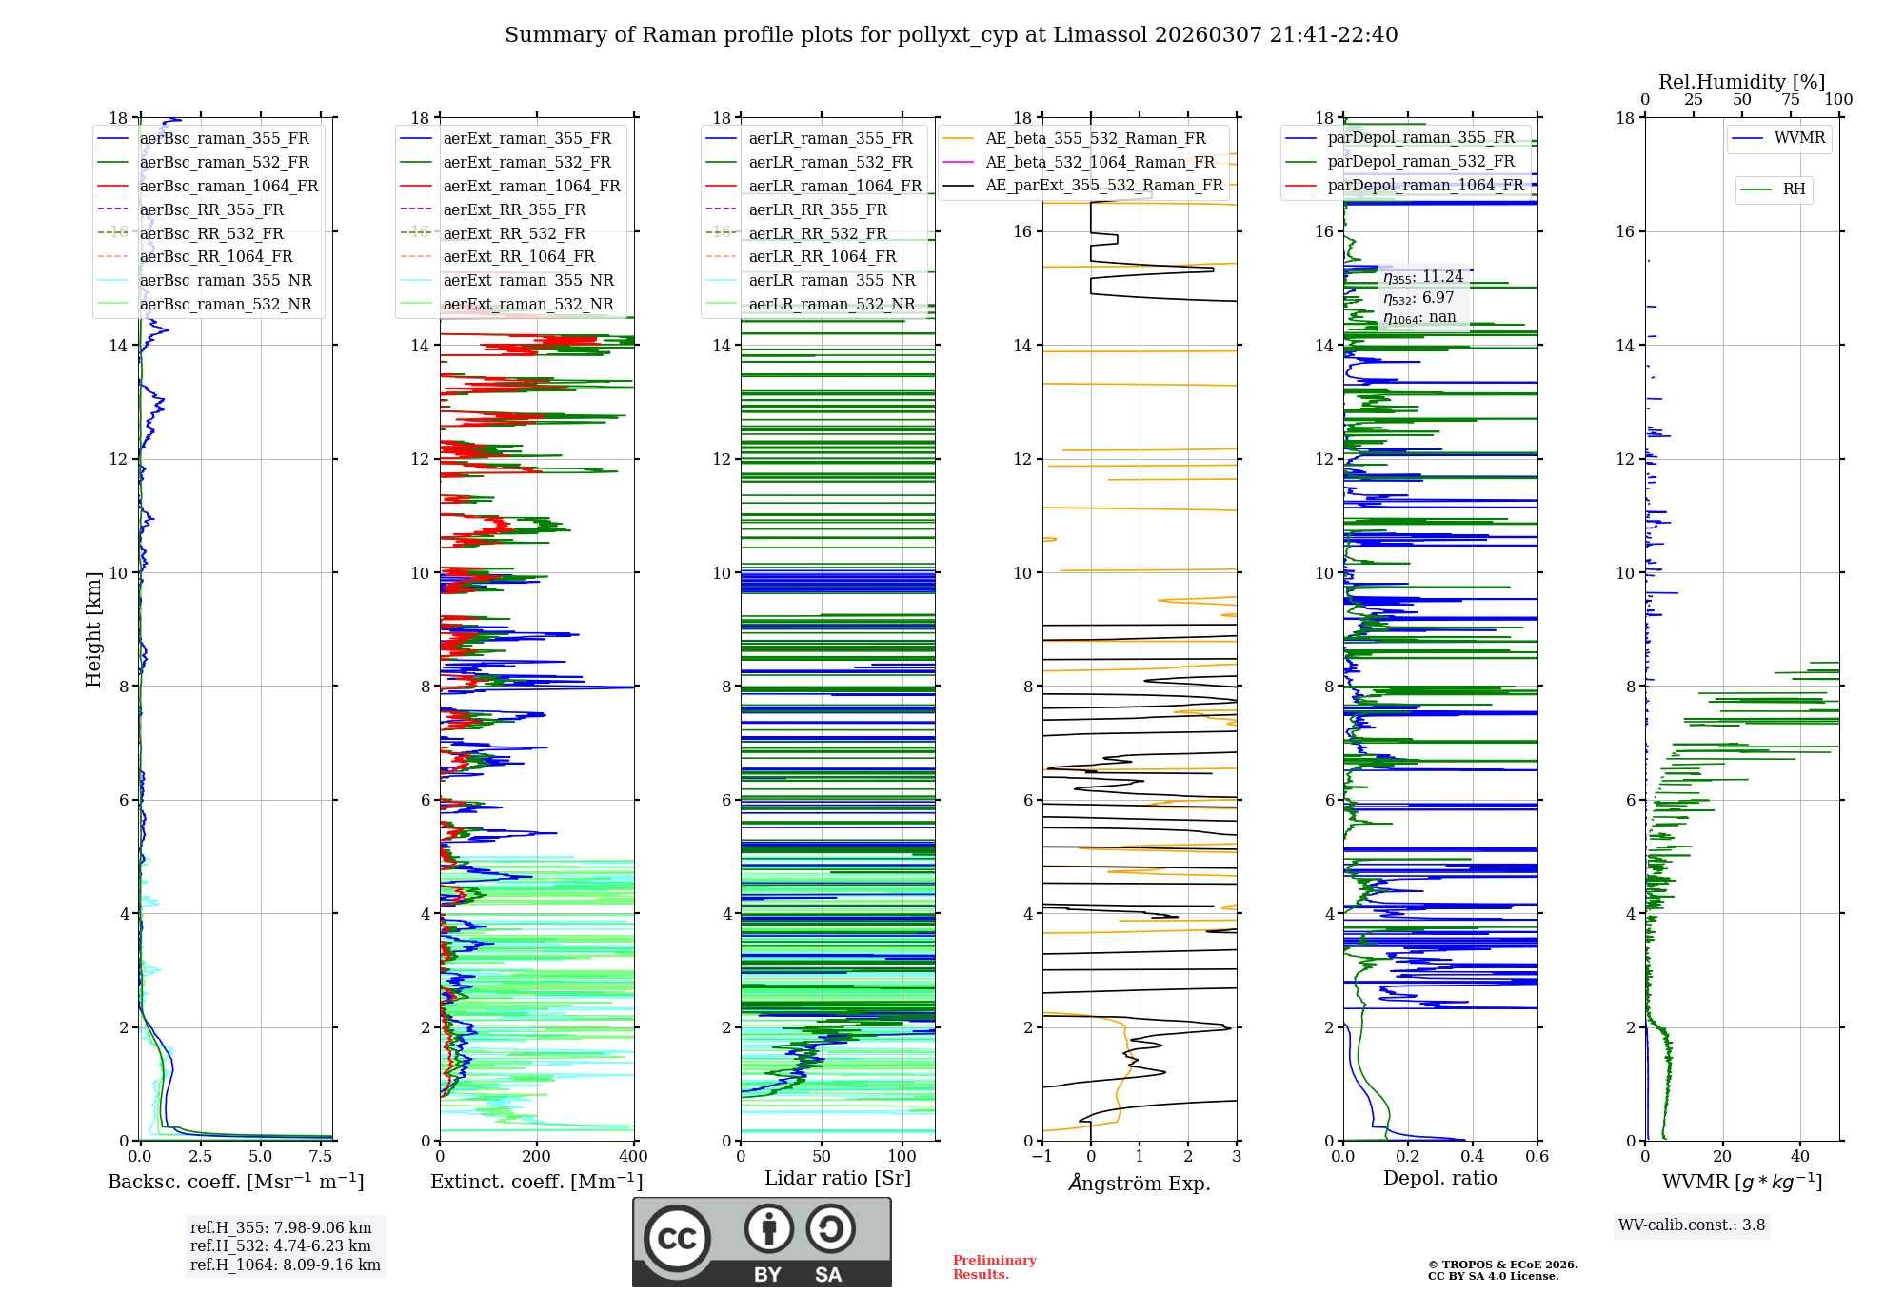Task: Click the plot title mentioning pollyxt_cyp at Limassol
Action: click(951, 35)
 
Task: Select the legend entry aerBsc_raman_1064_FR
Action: click(228, 186)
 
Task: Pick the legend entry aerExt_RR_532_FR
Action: click(514, 233)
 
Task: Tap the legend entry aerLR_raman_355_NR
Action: click(831, 280)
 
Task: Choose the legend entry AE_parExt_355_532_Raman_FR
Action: click(1103, 185)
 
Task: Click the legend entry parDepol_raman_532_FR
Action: click(1420, 161)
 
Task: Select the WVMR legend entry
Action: click(1799, 138)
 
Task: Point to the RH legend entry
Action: click(1794, 189)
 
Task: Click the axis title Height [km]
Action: click(93, 628)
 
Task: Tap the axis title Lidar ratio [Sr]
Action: click(838, 1178)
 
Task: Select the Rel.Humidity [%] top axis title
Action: click(1741, 82)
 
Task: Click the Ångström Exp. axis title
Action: click(1140, 1183)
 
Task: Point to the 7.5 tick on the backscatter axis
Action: click(321, 1157)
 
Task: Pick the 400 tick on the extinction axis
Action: click(633, 1157)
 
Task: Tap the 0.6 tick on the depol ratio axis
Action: click(1537, 1157)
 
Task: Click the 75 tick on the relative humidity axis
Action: click(1791, 100)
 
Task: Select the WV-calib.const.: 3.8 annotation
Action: click(1692, 1225)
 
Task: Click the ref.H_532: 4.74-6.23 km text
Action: click(281, 1245)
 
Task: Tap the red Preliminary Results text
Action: click(994, 1267)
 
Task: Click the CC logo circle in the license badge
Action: click(677, 1239)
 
